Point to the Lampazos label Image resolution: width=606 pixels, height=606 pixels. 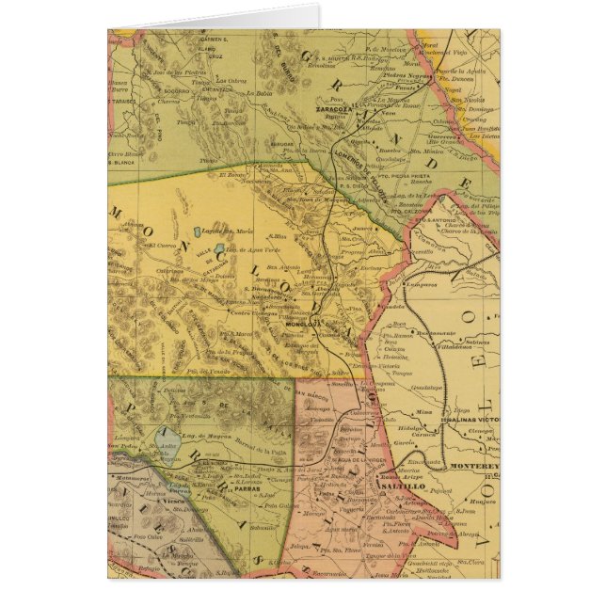[421, 283]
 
